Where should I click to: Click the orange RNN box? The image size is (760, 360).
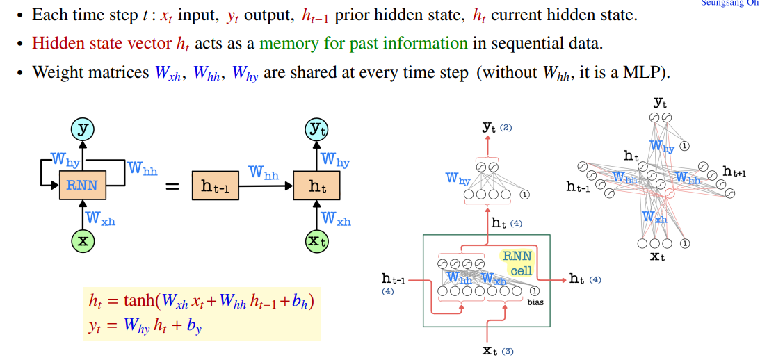coord(82,186)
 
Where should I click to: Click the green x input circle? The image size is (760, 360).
coord(82,240)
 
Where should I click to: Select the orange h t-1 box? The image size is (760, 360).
coord(215,186)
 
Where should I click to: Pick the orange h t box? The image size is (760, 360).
coord(317,186)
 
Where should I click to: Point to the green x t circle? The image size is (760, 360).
coord(317,240)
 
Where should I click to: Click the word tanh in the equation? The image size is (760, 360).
coord(138,301)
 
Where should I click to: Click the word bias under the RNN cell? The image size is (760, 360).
coord(535,302)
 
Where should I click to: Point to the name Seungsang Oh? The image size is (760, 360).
coord(730,3)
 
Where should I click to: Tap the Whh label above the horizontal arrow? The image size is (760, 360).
coord(264,172)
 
